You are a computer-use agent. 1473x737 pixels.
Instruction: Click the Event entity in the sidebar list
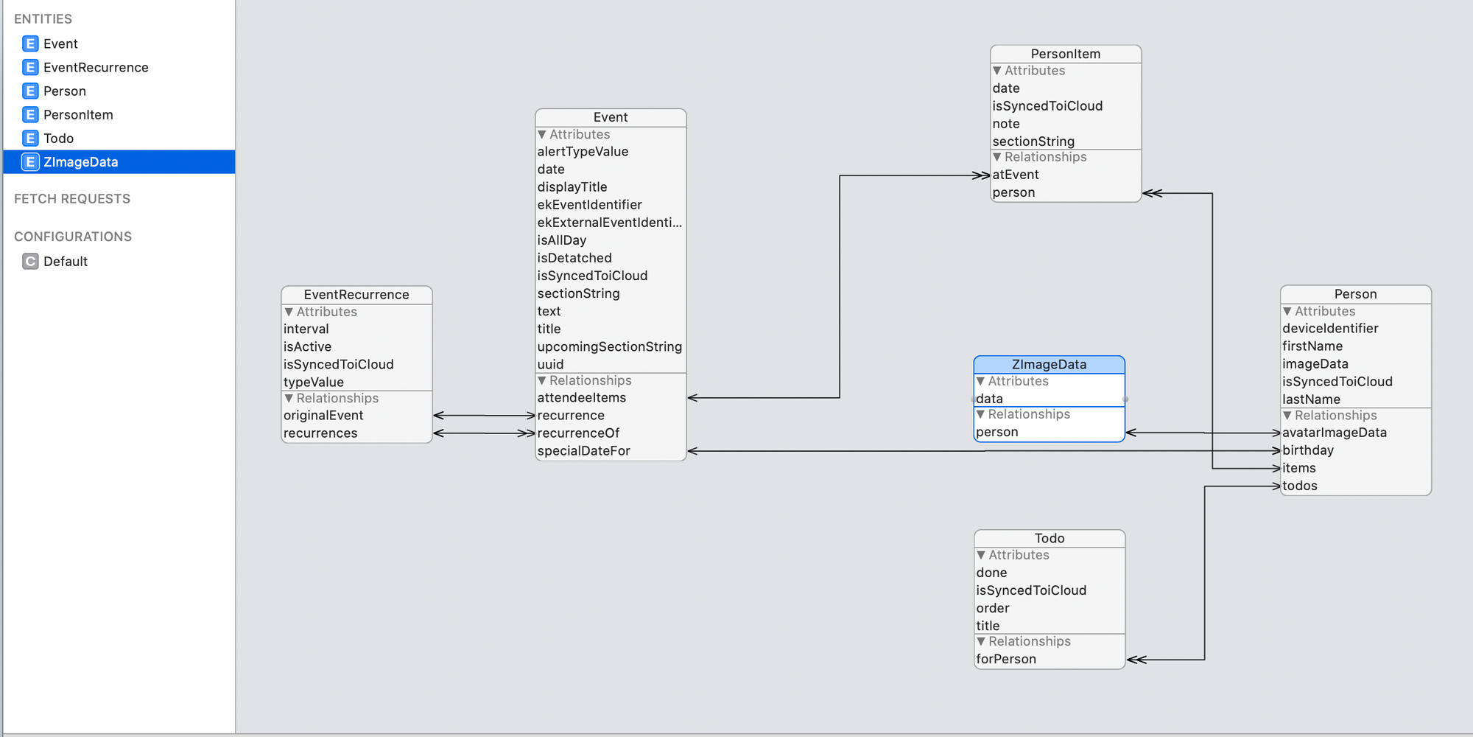[60, 44]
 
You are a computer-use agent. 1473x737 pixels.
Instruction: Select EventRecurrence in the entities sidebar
[96, 68]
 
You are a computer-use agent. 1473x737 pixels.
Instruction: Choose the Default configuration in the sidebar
[66, 262]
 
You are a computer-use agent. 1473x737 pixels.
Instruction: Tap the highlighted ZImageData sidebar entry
[81, 162]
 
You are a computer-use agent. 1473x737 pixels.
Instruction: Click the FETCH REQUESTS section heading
[72, 199]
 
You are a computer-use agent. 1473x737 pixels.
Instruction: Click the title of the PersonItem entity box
[1066, 54]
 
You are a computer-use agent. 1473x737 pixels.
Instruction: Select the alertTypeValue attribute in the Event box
[583, 152]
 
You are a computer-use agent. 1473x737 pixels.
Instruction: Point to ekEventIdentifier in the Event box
[589, 205]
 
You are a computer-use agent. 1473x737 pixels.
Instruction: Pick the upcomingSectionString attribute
[610, 346]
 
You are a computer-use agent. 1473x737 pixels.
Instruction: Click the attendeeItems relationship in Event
[582, 398]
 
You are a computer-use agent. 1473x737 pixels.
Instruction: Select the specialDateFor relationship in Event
[584, 451]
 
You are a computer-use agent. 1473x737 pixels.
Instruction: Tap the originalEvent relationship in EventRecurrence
[323, 416]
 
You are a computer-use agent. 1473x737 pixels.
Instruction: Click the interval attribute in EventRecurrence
[306, 329]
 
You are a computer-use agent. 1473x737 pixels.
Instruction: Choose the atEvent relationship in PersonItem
[1016, 175]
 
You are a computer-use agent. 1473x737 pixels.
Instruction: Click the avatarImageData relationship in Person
[1335, 433]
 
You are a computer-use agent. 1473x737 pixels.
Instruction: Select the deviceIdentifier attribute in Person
[1330, 329]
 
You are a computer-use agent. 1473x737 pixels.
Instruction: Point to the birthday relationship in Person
[1308, 450]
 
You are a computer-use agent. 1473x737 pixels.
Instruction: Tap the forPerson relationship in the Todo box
[1006, 659]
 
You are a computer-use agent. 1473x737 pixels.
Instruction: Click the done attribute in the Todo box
[991, 573]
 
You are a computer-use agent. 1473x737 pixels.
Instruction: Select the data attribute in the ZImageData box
[989, 399]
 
